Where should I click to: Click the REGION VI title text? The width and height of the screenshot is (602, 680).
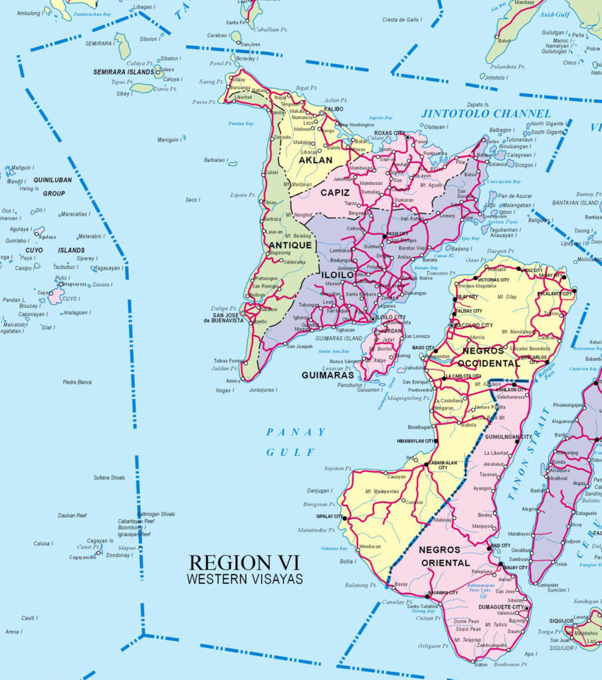(245, 562)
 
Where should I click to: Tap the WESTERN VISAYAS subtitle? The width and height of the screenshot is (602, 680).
(245, 579)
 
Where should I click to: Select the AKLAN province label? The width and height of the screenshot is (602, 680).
(315, 161)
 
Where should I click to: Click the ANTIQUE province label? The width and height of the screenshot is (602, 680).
(290, 245)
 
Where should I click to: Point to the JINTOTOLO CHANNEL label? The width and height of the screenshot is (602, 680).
(486, 114)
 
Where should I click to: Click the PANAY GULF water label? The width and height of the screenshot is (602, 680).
(296, 442)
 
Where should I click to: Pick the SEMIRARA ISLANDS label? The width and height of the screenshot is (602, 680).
(123, 72)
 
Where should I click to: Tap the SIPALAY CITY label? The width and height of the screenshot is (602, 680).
(328, 516)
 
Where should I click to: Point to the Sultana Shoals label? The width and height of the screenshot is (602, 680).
(109, 477)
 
